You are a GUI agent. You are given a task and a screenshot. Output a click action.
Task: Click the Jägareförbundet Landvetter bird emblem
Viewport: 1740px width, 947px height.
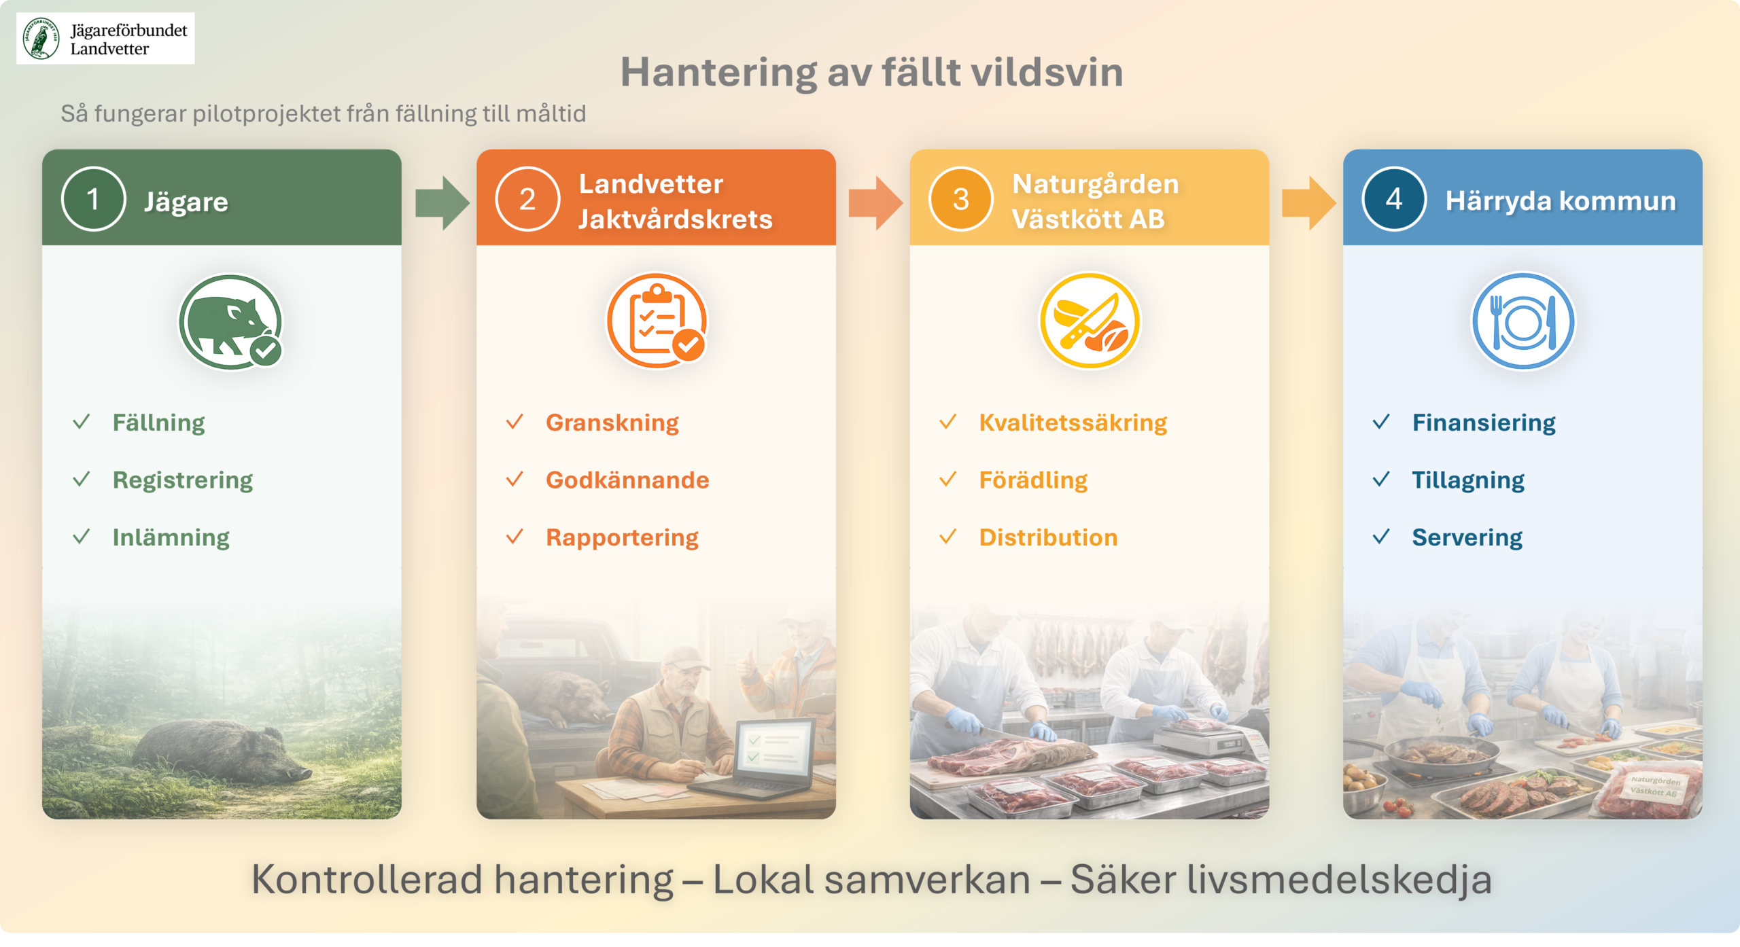coord(41,38)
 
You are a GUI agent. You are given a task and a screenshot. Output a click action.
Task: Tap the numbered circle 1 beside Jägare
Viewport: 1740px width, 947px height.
coord(93,199)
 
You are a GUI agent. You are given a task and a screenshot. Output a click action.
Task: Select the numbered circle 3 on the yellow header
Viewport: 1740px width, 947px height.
coord(960,199)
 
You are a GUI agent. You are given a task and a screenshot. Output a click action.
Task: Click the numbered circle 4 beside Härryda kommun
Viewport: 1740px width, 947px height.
coord(1394,199)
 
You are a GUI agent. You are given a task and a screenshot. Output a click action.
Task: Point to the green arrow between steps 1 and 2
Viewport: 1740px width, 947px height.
coord(442,203)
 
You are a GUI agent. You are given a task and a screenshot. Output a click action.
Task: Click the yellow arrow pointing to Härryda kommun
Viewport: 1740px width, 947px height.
coord(1309,203)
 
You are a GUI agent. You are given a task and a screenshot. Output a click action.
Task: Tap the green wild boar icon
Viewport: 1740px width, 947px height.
coord(231,321)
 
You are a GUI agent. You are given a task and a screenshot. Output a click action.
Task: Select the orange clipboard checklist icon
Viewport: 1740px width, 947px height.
coord(657,321)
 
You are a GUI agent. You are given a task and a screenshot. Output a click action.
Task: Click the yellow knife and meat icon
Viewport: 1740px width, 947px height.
coord(1090,321)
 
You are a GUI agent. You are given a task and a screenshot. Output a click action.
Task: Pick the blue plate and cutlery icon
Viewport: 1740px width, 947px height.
coord(1523,321)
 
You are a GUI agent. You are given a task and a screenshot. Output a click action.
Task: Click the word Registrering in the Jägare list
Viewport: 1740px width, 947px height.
coord(183,480)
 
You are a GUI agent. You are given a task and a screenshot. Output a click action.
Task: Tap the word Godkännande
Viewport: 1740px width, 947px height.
coord(627,480)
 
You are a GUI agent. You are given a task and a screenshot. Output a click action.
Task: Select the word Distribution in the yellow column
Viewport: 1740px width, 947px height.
coord(1048,537)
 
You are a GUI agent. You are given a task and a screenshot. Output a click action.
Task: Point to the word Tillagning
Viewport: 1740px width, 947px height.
coord(1468,480)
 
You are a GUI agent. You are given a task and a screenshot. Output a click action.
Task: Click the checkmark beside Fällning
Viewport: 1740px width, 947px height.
coord(82,422)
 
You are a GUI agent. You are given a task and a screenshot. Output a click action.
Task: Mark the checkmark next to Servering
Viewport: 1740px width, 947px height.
coord(1381,537)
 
